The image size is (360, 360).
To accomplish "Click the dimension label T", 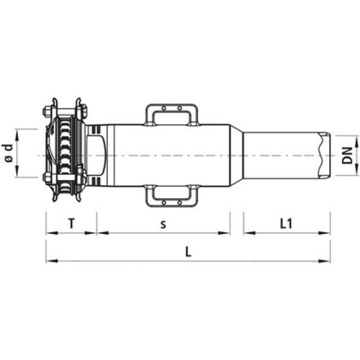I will pyautogui.click(x=71, y=223).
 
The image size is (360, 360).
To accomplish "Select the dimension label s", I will pyautogui.click(x=163, y=224).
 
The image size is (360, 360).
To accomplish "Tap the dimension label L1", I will pyautogui.click(x=286, y=223).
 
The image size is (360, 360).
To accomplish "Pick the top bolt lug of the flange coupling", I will pyautogui.click(x=66, y=106).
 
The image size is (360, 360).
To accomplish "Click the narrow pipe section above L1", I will pyautogui.click(x=281, y=154).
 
